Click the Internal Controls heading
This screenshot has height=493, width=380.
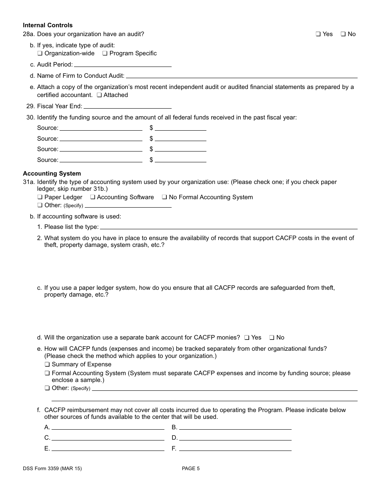48,25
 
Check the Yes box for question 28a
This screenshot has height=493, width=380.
318,34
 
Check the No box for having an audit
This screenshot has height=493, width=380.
343,34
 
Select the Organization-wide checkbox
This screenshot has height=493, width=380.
40,53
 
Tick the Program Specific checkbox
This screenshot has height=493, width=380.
105,53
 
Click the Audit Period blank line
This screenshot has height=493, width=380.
122,64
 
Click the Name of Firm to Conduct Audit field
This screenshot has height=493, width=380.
242,75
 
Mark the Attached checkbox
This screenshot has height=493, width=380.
99,95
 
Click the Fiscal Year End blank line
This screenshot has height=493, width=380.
127,106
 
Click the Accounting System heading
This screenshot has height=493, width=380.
52,174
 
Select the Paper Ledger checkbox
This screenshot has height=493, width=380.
40,197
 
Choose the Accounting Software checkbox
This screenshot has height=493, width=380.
92,197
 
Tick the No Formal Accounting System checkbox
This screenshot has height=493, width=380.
164,197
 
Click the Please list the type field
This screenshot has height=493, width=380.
228,226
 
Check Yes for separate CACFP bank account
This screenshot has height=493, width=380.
247,337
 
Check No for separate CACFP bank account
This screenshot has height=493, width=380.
272,337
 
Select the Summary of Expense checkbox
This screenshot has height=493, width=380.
47,364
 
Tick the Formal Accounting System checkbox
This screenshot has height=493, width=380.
47,373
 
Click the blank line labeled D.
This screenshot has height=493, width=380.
235,438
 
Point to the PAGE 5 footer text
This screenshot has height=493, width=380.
190,468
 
